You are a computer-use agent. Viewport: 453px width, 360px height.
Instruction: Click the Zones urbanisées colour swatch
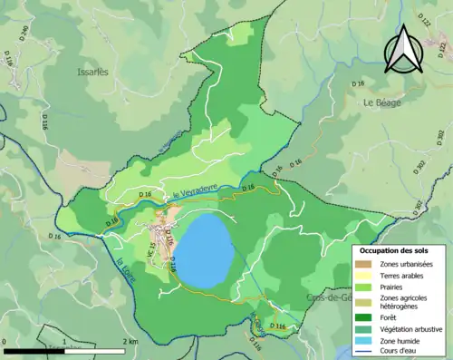(362, 263)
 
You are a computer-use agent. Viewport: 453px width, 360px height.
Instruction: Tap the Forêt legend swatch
(362, 317)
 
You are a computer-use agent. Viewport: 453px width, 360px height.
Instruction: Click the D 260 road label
(24, 34)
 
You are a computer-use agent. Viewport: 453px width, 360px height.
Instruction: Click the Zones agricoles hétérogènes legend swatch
(362, 302)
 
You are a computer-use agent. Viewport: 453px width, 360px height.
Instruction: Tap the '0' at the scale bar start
(5, 342)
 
